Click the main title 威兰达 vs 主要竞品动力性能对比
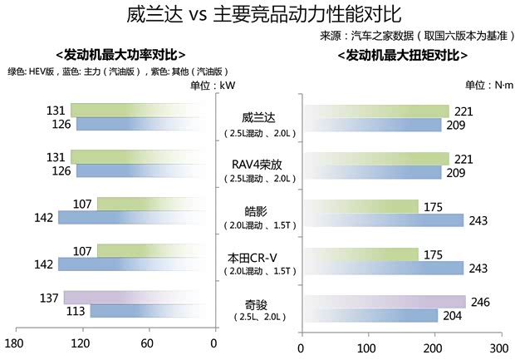click(257, 15)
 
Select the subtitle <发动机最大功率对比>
click(120, 55)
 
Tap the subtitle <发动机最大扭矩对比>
click(403, 55)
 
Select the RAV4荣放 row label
click(257, 165)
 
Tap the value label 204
click(452, 316)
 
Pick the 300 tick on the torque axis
click(497, 349)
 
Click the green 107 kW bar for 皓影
click(154, 204)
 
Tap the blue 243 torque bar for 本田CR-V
click(384, 268)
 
